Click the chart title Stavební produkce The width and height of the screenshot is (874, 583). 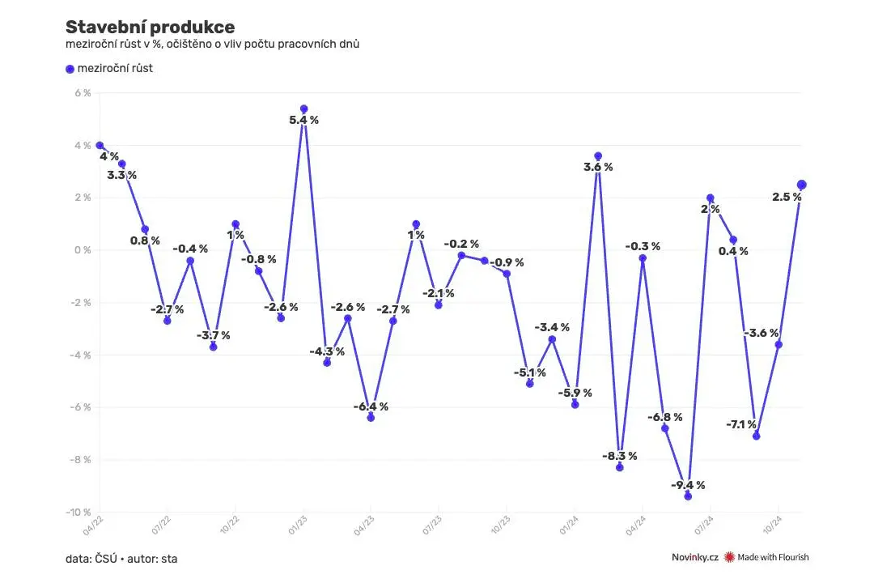[150, 27]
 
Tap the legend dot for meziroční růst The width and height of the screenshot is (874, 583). [70, 69]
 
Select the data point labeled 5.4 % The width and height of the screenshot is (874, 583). [303, 109]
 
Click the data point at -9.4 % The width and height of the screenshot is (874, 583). [688, 496]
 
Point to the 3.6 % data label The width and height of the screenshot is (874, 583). [598, 167]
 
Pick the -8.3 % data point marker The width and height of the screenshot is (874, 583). [620, 467]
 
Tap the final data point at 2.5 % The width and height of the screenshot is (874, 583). [801, 185]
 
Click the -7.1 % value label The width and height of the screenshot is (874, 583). [741, 424]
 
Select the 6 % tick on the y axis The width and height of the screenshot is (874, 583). [83, 92]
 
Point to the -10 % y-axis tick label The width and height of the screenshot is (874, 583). [78, 512]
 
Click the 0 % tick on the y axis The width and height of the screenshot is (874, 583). [83, 250]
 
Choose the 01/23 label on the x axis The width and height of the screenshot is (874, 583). [297, 526]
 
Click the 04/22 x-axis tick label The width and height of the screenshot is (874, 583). [93, 526]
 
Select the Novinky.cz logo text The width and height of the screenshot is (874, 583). [694, 557]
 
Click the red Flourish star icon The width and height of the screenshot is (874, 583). [729, 557]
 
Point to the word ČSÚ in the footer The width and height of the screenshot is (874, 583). [106, 559]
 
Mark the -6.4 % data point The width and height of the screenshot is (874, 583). [371, 418]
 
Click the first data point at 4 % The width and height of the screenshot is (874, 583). [100, 146]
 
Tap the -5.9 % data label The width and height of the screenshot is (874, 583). [575, 393]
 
